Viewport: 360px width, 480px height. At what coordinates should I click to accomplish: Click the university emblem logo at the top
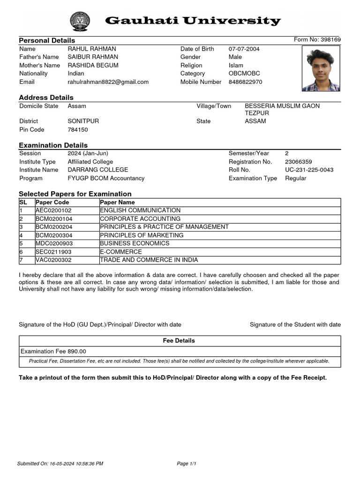coord(82,21)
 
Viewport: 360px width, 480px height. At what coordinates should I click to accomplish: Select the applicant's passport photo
coord(321,70)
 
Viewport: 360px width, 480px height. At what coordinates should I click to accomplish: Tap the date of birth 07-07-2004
coord(244,49)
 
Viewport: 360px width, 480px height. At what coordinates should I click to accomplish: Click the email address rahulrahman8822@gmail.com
coord(108,82)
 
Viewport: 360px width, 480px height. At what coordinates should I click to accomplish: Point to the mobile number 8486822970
coord(245,82)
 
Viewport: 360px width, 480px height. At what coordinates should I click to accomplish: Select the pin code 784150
coord(78,129)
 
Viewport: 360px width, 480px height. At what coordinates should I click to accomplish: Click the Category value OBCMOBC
coord(244,74)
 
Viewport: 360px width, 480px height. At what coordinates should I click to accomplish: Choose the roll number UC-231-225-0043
coord(309,170)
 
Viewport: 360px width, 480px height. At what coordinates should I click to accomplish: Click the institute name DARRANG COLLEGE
coord(97,170)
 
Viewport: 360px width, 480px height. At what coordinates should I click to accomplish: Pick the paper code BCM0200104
coord(54,219)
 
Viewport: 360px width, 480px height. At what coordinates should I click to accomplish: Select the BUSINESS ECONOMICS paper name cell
coord(135,243)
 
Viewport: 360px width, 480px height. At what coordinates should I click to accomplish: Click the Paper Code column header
coord(52,202)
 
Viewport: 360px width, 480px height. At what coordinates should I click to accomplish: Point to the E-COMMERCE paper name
coord(120,252)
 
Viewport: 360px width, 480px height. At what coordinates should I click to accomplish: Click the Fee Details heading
coord(179,341)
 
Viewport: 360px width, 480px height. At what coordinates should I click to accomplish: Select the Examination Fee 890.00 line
coord(53,351)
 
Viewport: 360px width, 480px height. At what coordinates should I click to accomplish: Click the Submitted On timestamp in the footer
coord(60,464)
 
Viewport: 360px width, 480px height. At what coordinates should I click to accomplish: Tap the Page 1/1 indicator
coord(186,464)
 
